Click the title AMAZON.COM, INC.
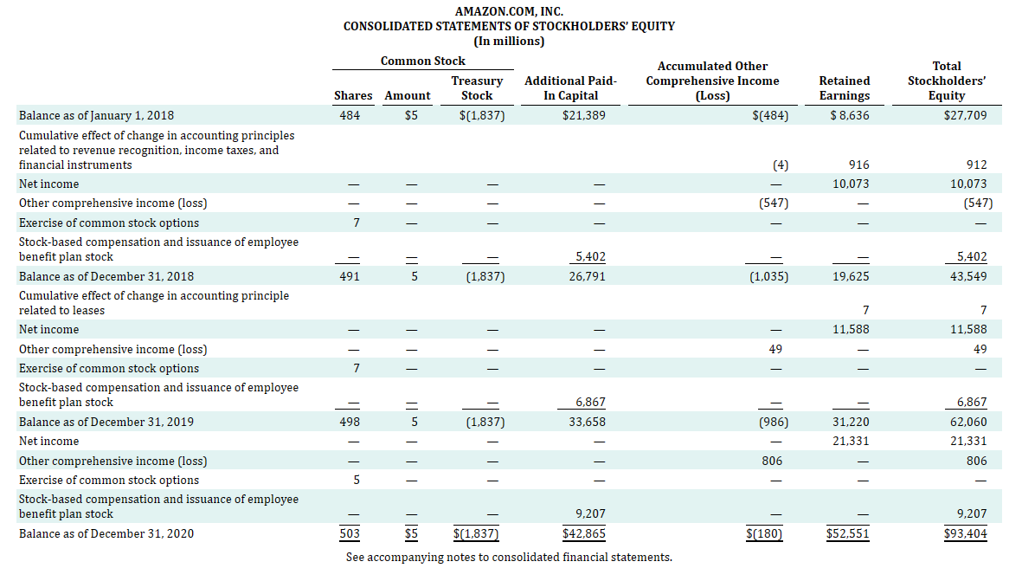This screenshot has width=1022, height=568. [x=509, y=10]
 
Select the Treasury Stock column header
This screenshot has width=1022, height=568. [x=477, y=88]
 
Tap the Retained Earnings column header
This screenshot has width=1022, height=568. [x=844, y=88]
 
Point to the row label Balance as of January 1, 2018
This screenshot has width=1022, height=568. [x=97, y=114]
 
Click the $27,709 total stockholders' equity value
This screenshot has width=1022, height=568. [x=965, y=114]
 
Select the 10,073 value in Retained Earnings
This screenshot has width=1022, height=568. [x=851, y=184]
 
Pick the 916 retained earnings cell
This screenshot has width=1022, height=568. [x=859, y=165]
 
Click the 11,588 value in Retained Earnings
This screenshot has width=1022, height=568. [x=851, y=329]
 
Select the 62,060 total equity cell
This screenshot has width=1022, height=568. [x=968, y=422]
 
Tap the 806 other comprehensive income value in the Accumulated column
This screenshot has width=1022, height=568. [x=772, y=461]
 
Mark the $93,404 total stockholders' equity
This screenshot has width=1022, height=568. [x=965, y=533]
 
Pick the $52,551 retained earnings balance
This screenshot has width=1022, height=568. [x=848, y=533]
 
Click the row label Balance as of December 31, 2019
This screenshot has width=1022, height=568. [x=106, y=422]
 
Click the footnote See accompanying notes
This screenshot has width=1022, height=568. [x=509, y=557]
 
